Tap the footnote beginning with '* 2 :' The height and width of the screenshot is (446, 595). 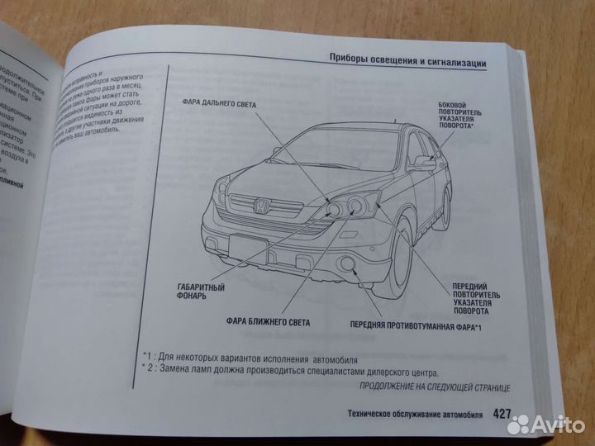(289, 372)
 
